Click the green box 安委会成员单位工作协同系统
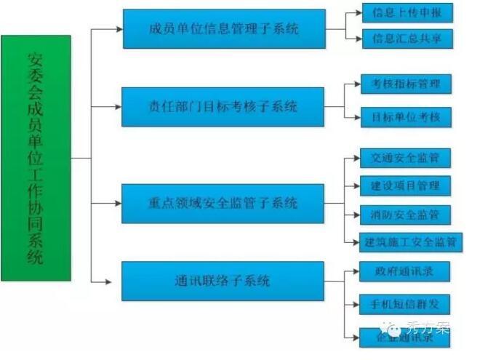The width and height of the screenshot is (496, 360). click(x=36, y=158)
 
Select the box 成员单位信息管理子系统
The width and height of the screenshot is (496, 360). click(x=223, y=29)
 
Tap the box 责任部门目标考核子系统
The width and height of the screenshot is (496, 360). click(x=223, y=107)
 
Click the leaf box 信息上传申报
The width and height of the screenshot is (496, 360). click(x=407, y=12)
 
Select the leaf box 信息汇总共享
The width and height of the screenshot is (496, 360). click(x=407, y=38)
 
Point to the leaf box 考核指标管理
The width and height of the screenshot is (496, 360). click(x=406, y=84)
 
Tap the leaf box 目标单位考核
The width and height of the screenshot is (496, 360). click(x=406, y=116)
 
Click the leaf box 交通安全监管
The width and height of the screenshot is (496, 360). click(x=405, y=157)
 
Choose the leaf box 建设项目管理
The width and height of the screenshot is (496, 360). click(x=405, y=185)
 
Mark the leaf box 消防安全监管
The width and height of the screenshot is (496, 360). click(x=405, y=215)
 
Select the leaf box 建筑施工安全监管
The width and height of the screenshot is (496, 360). click(x=411, y=242)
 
